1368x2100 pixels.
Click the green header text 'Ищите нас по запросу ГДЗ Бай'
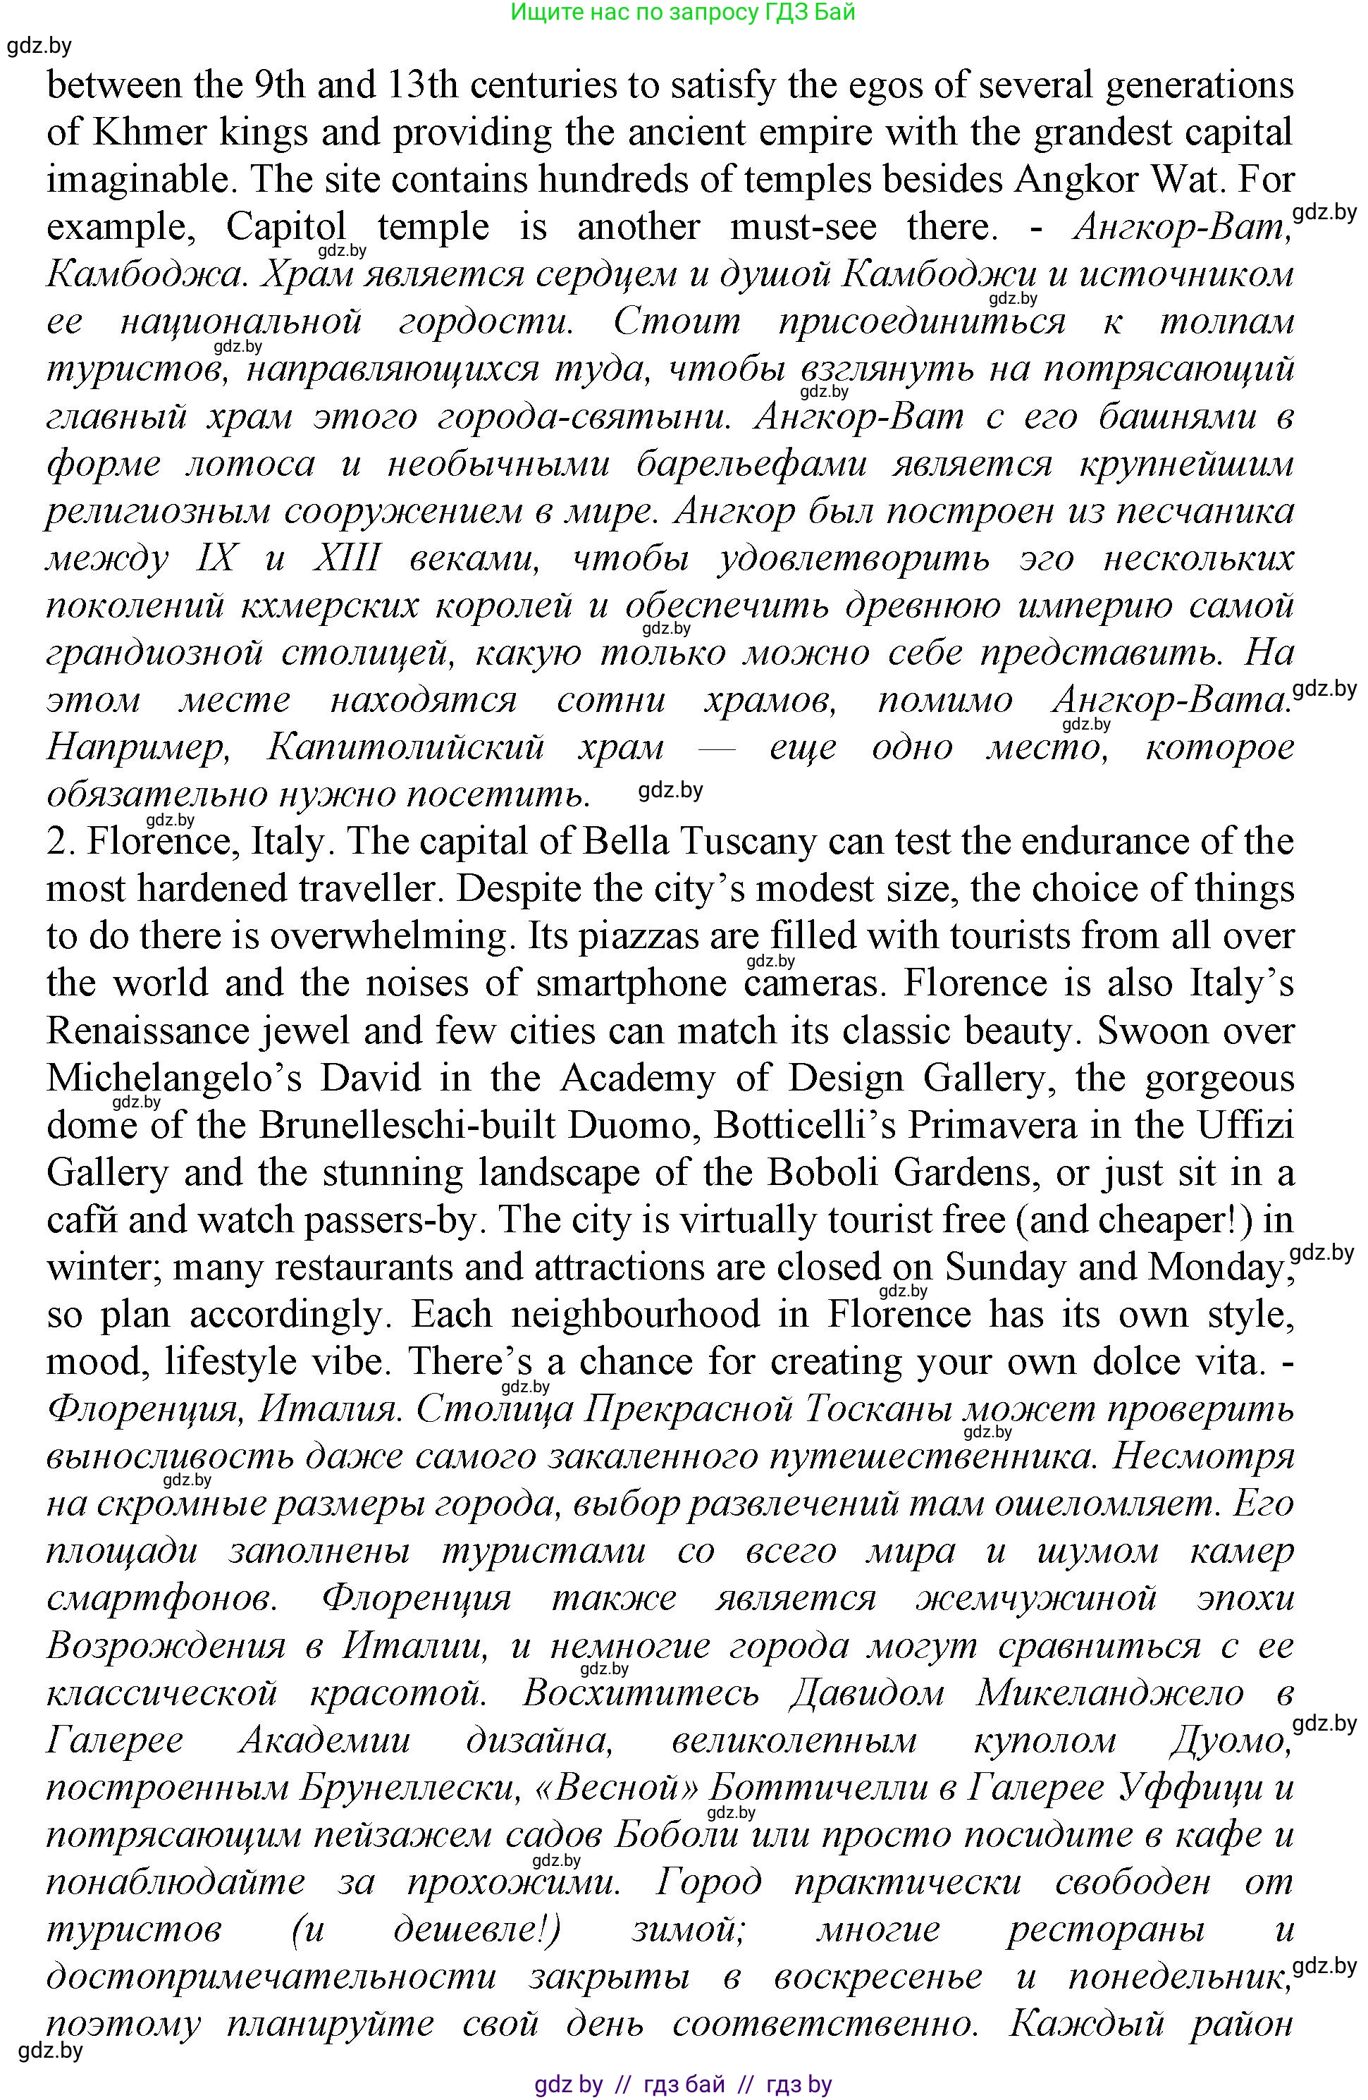[683, 13]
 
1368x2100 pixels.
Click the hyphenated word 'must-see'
[803, 228]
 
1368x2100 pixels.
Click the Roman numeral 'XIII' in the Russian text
[347, 558]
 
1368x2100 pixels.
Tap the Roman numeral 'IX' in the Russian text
[214, 558]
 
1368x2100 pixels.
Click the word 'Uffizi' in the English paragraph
[1245, 1126]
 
